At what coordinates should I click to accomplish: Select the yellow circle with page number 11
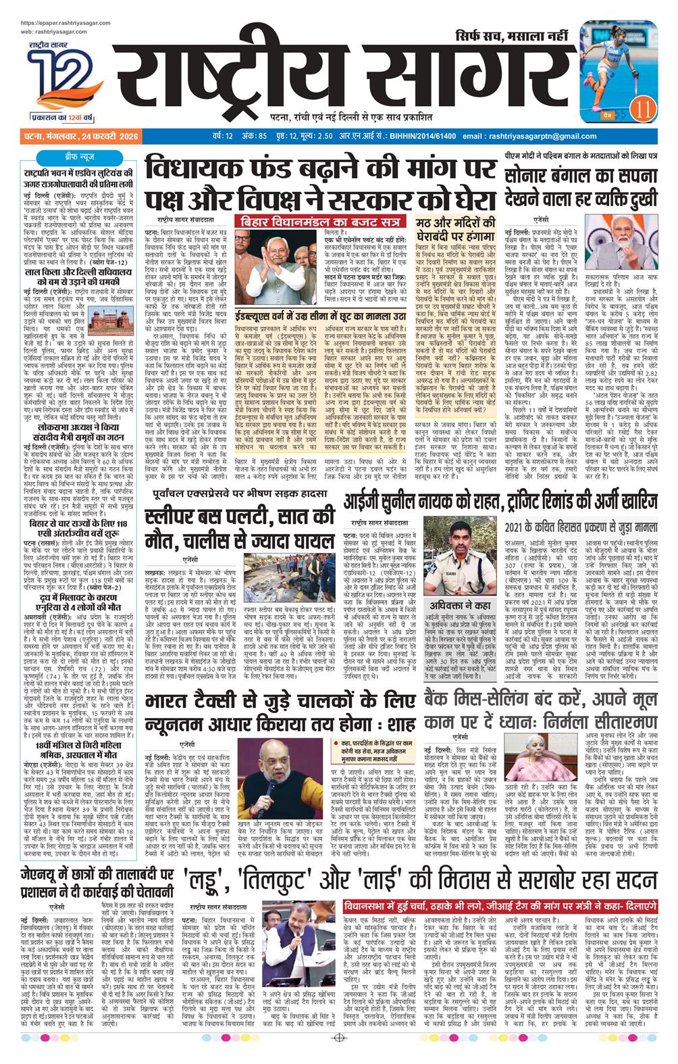(x=642, y=106)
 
